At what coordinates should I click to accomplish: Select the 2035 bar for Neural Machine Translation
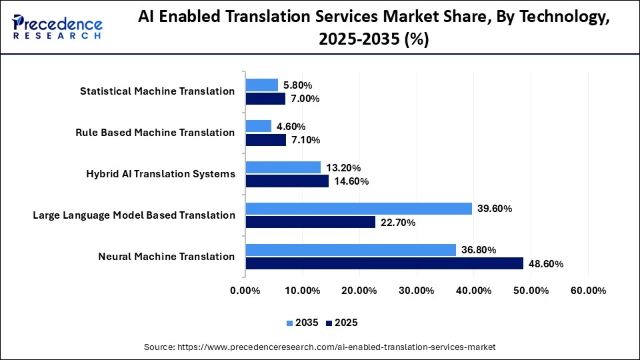point(351,250)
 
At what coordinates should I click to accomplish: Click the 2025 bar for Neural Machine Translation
point(384,263)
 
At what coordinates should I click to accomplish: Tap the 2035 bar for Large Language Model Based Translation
point(359,209)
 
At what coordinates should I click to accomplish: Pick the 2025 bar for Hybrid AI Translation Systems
point(287,181)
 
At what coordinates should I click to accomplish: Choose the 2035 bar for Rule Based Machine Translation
point(259,126)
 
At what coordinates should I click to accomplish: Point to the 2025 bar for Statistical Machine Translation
point(265,99)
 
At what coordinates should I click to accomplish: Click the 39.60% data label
point(495,209)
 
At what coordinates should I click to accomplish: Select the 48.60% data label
point(546,264)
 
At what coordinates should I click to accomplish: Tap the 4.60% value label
point(291,127)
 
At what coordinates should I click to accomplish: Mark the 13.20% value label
point(343,167)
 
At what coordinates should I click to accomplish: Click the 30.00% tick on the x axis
point(417,291)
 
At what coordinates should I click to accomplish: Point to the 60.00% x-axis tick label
point(588,291)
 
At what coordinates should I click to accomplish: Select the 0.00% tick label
point(245,291)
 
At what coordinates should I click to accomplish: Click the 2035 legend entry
point(303,323)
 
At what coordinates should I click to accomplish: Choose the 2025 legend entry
point(341,323)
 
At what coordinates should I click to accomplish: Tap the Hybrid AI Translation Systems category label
point(161,174)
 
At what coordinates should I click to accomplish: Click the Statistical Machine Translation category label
point(157,91)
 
